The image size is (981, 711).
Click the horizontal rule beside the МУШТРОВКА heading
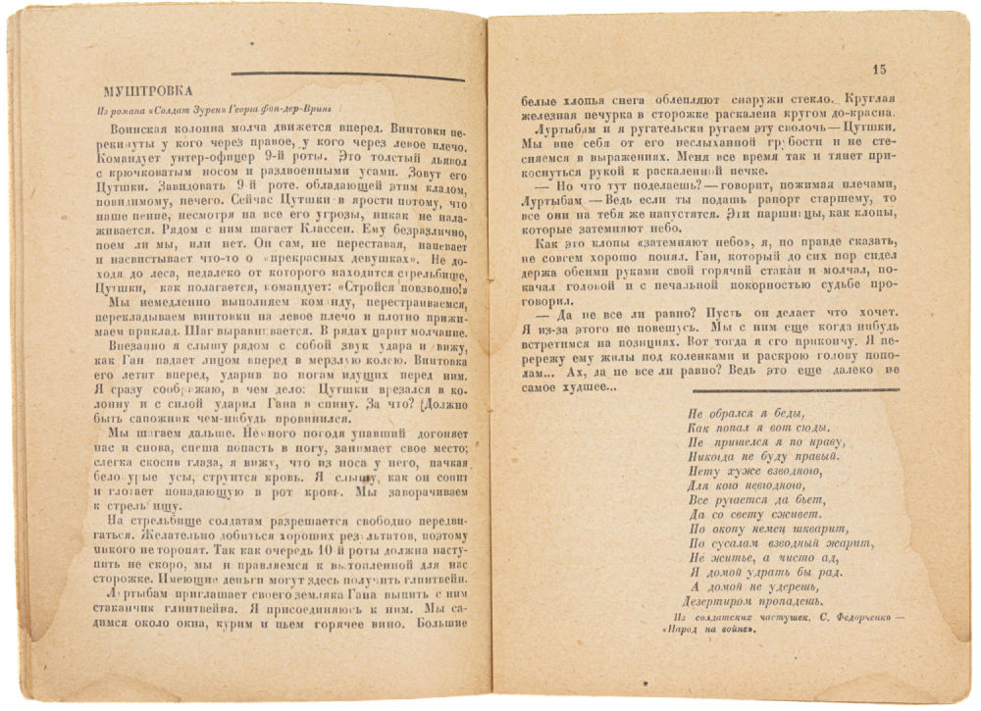(347, 76)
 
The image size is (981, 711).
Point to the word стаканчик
(137, 609)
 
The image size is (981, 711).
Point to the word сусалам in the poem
(743, 544)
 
